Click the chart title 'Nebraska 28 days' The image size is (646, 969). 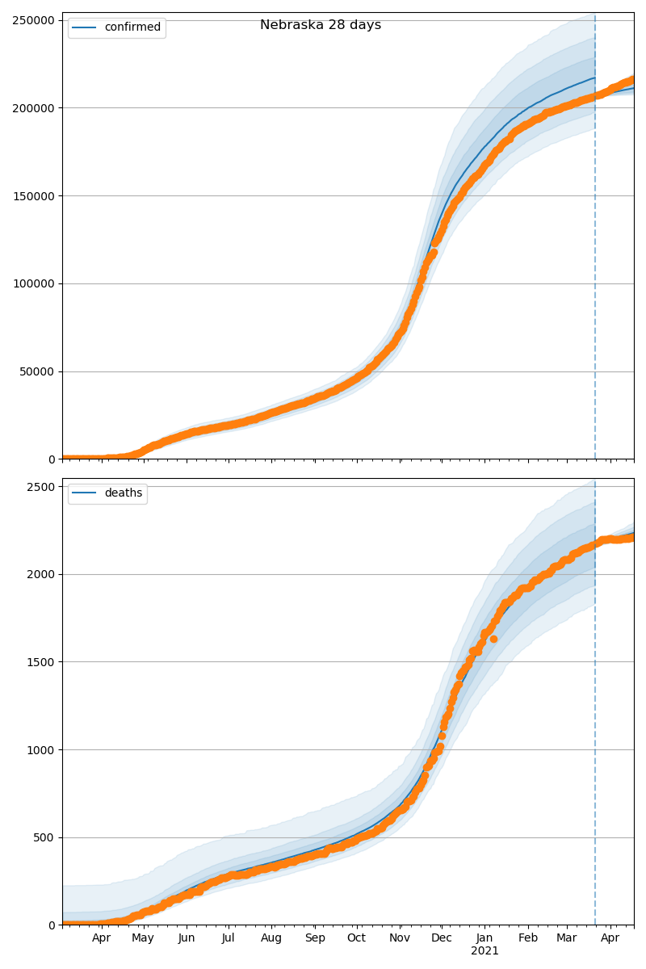click(321, 25)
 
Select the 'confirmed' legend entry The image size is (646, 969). click(132, 27)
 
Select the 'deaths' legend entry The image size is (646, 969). click(123, 493)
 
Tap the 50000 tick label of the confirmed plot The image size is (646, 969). click(37, 372)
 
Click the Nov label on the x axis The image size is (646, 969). click(400, 938)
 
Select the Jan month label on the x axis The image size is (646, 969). click(484, 938)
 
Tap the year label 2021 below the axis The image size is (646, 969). click(484, 951)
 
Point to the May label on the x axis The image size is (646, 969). click(143, 938)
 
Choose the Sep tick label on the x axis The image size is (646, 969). click(315, 938)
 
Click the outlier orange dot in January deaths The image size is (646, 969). click(493, 639)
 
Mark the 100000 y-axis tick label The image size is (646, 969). click(34, 284)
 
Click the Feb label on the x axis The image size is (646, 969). click(528, 938)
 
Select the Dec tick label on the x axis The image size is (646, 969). click(442, 938)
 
